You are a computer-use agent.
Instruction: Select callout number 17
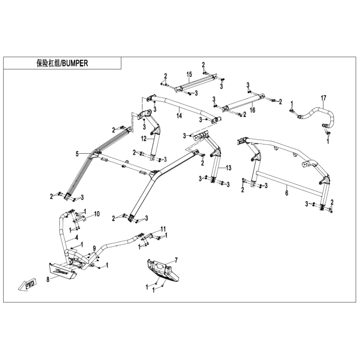[323, 98]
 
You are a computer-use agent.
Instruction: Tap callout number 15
[189, 75]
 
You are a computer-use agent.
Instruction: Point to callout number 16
[253, 110]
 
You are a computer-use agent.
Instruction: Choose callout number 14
[179, 117]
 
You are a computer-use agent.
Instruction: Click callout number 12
[145, 138]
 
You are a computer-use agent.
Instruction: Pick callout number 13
[229, 168]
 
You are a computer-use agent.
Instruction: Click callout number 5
[77, 153]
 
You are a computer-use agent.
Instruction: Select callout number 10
[97, 213]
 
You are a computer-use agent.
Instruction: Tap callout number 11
[164, 228]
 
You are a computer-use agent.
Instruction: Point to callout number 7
[175, 261]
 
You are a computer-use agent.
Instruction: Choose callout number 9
[94, 249]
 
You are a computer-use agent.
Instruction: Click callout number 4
[76, 237]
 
